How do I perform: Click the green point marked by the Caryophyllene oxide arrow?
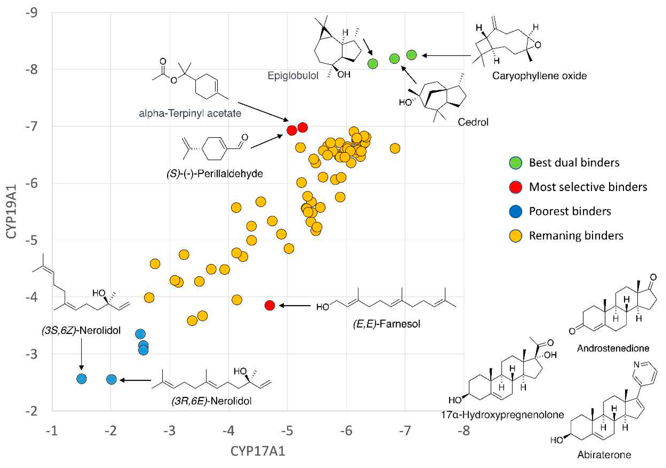click(x=411, y=55)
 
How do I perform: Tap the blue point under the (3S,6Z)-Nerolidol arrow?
click(x=82, y=379)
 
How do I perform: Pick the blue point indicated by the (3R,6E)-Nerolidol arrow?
click(x=111, y=379)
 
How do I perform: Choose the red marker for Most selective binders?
click(x=515, y=187)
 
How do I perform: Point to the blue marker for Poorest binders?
click(x=515, y=211)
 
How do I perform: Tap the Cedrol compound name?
click(x=473, y=122)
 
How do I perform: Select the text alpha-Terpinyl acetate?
click(x=190, y=113)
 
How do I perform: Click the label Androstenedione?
click(x=613, y=348)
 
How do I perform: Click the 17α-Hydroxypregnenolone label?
click(x=502, y=415)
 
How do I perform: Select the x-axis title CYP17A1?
click(x=258, y=451)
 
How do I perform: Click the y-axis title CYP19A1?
click(x=11, y=212)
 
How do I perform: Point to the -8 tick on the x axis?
click(x=463, y=431)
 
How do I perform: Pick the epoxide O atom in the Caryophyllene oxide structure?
click(x=538, y=45)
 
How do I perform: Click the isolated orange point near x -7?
click(x=395, y=148)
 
